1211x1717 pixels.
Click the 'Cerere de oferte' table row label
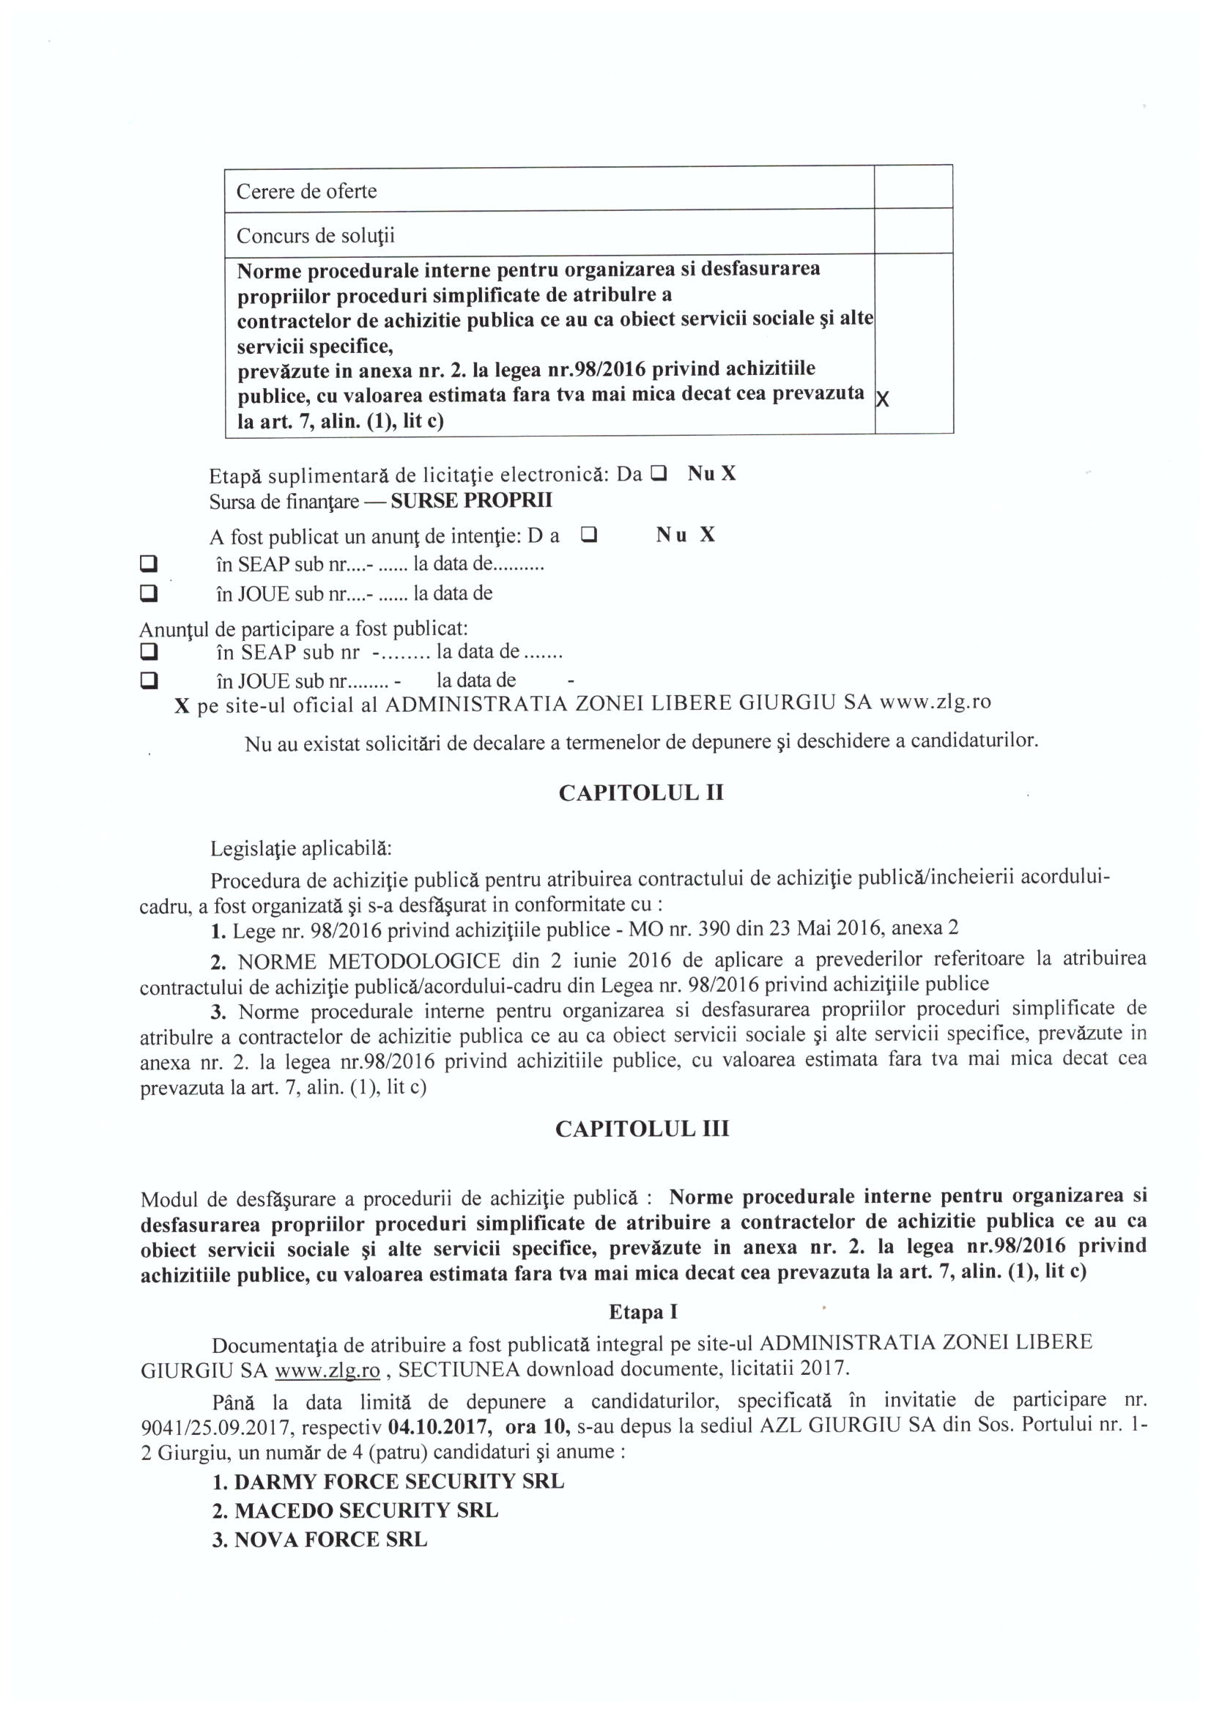(x=306, y=191)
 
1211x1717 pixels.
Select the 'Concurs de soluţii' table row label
(x=315, y=237)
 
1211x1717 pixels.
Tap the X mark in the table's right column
(x=883, y=399)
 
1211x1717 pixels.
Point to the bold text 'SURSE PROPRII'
(x=471, y=500)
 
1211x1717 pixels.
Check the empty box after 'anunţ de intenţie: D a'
(x=589, y=535)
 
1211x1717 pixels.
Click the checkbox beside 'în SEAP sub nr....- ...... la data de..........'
(x=149, y=563)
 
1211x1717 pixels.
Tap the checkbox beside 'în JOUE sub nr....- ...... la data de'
(x=149, y=593)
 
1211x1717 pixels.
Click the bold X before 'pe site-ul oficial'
(x=181, y=706)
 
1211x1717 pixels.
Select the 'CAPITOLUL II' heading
(x=640, y=793)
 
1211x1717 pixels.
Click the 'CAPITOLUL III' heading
(x=641, y=1129)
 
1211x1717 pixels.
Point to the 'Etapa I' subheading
(x=642, y=1311)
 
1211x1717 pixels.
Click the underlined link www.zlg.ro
(x=327, y=1370)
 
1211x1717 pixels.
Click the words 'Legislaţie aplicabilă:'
(x=300, y=849)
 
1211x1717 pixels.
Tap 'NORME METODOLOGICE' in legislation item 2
(x=369, y=960)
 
